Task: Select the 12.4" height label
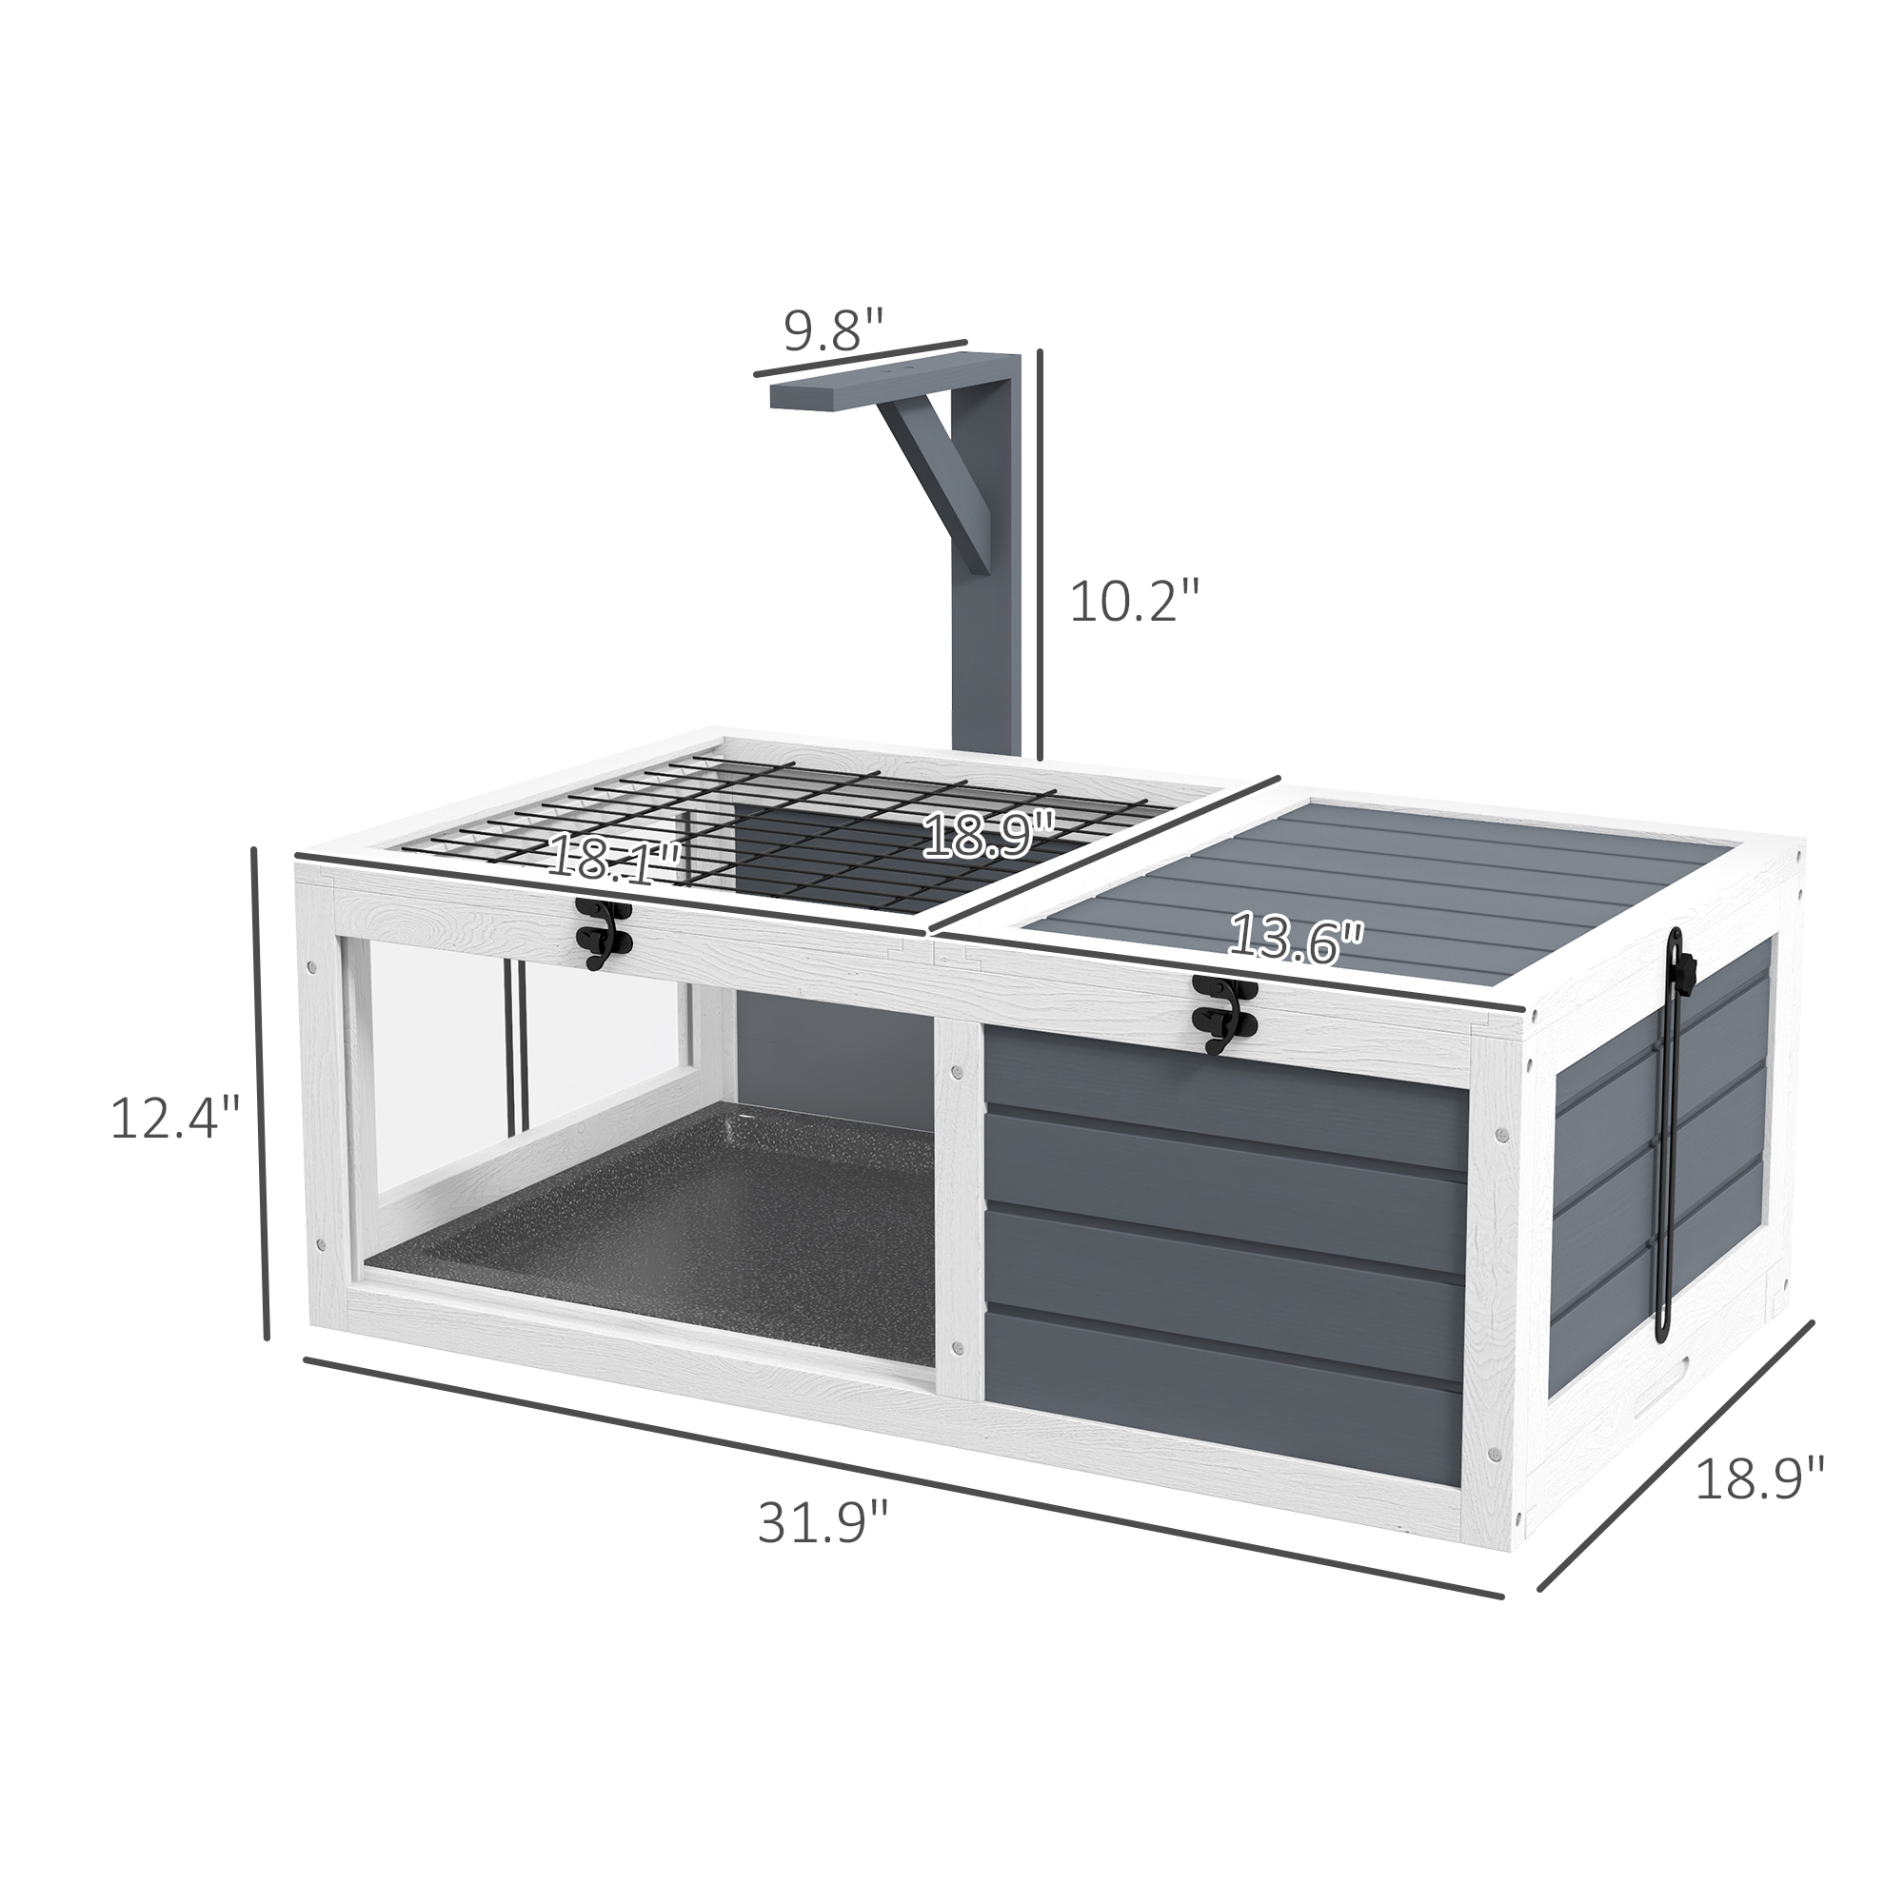point(175,1119)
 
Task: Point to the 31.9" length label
point(823,1549)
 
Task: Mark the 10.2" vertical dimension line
point(1040,562)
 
